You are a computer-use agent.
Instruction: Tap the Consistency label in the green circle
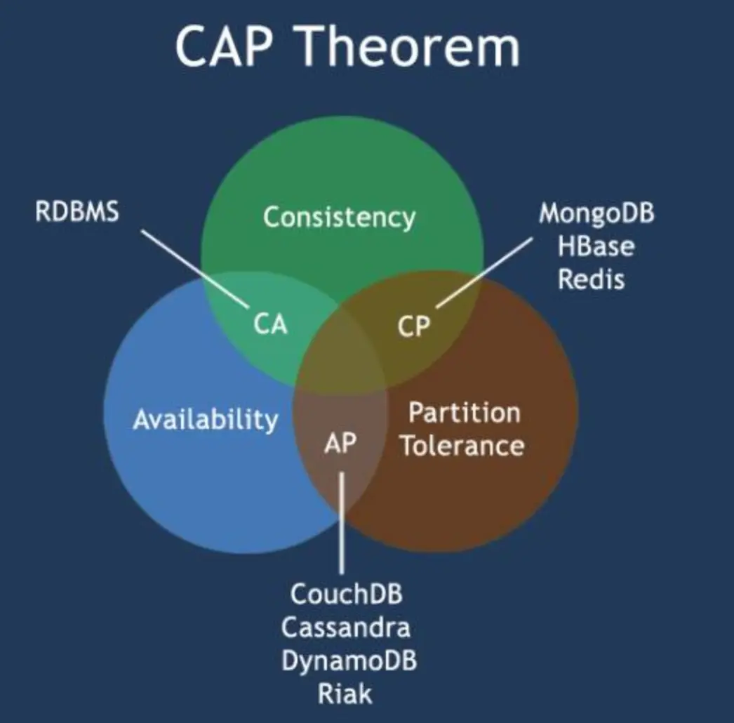point(339,217)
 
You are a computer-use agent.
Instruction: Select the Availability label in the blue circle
point(206,419)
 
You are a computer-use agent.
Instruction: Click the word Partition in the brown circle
point(464,412)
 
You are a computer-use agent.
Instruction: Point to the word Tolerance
point(462,446)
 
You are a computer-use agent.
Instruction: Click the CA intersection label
point(270,324)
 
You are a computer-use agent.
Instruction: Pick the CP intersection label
point(413,326)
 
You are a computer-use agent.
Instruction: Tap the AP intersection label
point(340,443)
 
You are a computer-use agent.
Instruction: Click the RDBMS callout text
point(77,213)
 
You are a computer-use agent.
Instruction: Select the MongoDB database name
point(596,213)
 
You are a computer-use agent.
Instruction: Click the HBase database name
point(596,246)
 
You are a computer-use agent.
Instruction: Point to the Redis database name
point(591,279)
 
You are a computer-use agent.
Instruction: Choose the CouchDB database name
point(347,594)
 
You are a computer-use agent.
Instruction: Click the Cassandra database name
point(346,627)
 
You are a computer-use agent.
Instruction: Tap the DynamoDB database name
point(349,661)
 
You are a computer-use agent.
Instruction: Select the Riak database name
point(345,694)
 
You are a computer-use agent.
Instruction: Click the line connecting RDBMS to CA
point(194,267)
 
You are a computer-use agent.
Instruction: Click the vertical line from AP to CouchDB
point(342,523)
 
